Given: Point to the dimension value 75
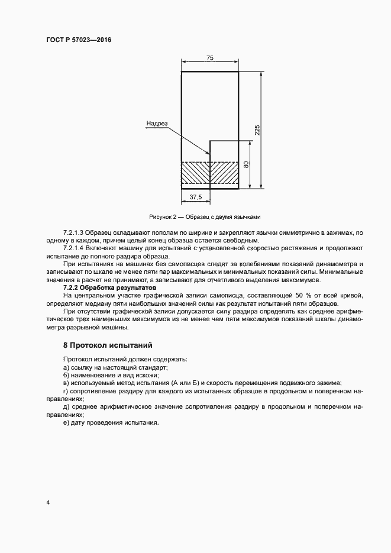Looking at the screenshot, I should [x=209, y=58].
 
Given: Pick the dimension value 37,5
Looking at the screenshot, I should [x=196, y=197].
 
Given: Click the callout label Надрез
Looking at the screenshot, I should [x=156, y=124].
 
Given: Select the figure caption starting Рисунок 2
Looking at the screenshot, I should [x=205, y=216].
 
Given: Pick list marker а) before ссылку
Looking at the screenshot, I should [x=66, y=367].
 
